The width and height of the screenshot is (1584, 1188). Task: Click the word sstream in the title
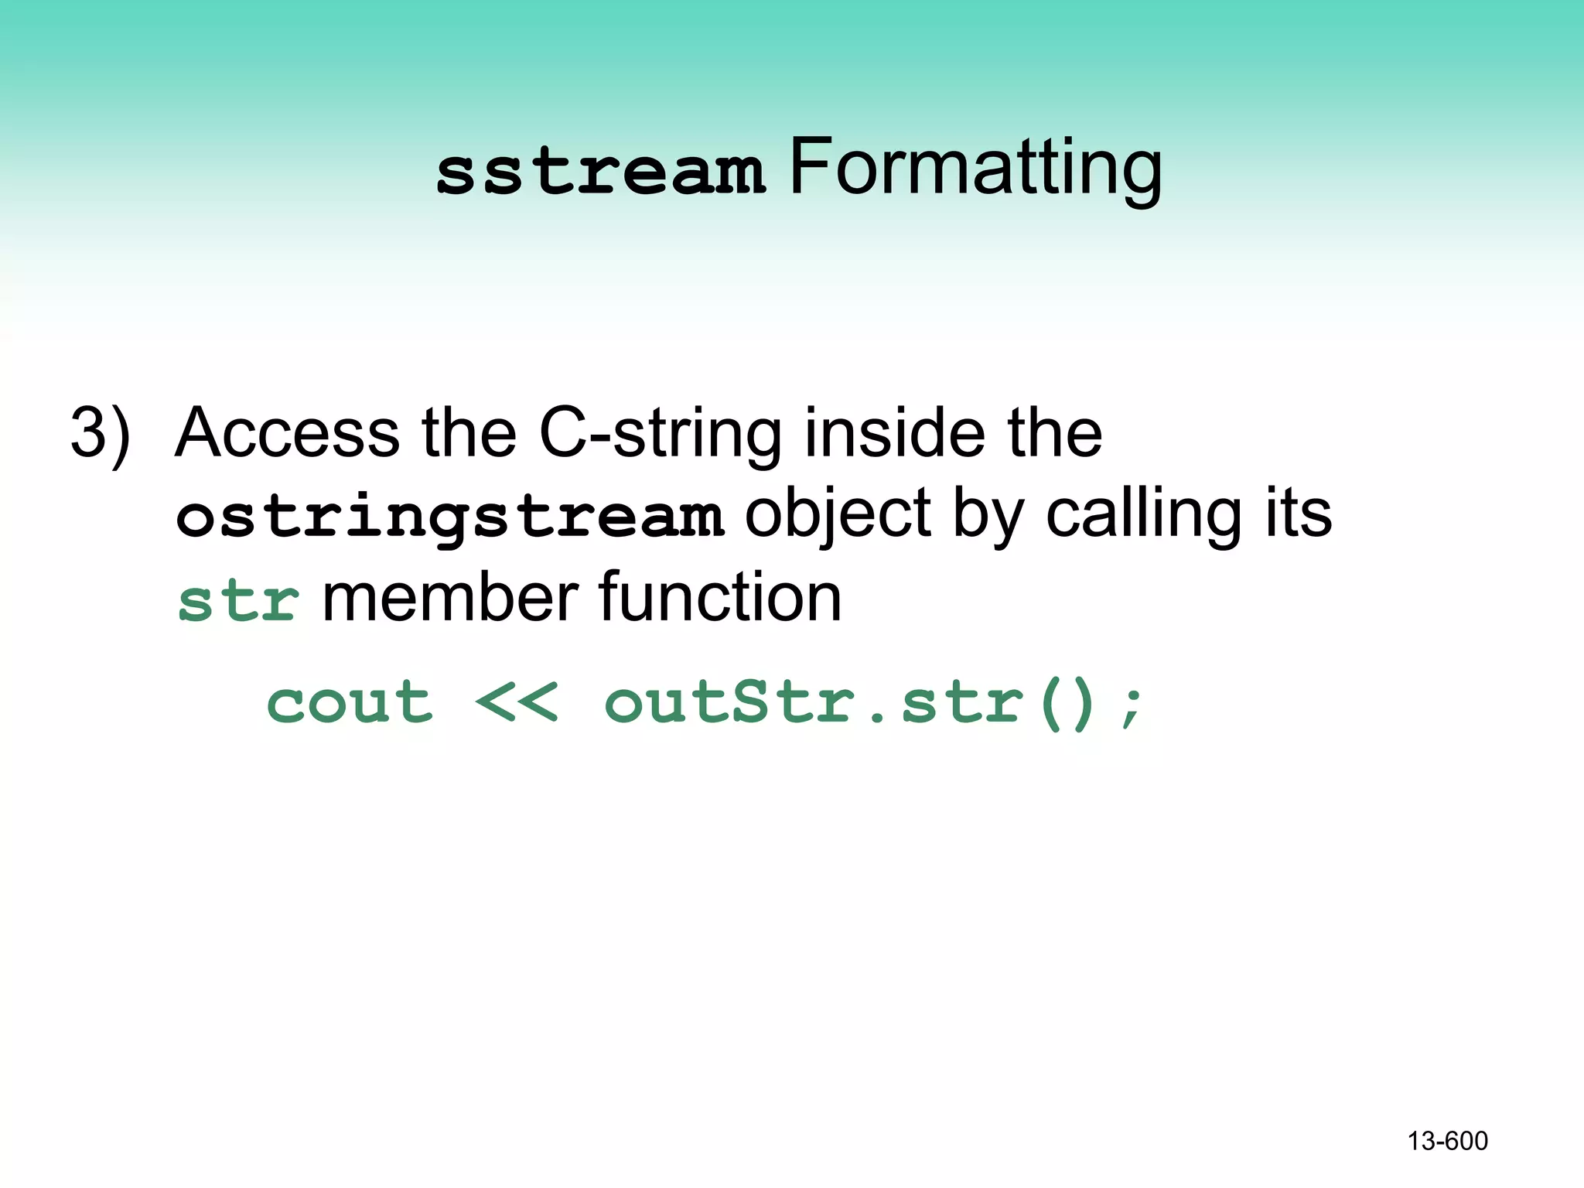tap(601, 172)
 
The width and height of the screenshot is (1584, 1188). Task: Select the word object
tap(838, 517)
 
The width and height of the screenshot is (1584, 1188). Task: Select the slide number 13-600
tap(1447, 1141)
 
